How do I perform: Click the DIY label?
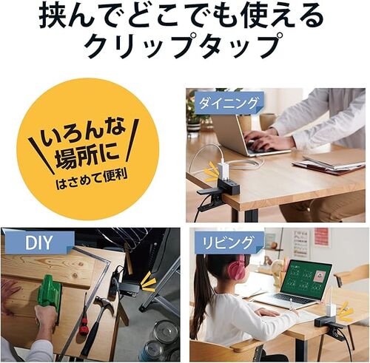[x=38, y=243]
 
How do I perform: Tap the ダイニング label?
[x=228, y=103]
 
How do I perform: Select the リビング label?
[x=228, y=242]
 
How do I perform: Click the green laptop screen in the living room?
[x=306, y=278]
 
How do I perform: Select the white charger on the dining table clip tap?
[x=223, y=172]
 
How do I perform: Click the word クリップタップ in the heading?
[x=184, y=47]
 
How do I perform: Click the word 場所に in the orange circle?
[x=87, y=157]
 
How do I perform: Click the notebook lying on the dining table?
[x=328, y=164]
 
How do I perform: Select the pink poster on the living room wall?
[x=322, y=236]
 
